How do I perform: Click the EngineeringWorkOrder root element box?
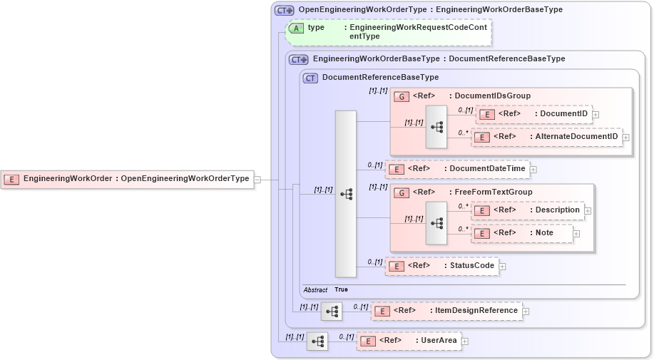click(128, 179)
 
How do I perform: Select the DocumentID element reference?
click(533, 114)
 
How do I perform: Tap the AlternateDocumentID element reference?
click(546, 137)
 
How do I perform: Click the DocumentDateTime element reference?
click(457, 169)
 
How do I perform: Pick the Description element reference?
click(528, 210)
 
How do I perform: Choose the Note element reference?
click(522, 233)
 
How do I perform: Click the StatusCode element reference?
click(441, 266)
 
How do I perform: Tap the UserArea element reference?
click(409, 341)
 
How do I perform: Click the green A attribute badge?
click(296, 28)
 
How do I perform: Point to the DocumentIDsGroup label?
click(492, 96)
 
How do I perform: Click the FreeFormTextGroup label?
click(493, 192)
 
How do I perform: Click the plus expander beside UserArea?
click(465, 341)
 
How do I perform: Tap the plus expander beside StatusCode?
click(502, 267)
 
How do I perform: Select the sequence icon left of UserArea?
click(317, 341)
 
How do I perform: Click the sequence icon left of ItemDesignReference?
click(332, 312)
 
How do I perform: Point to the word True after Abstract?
click(341, 290)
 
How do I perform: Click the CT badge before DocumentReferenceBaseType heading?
click(310, 78)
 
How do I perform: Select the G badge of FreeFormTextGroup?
click(402, 192)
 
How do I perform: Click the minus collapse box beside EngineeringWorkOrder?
click(257, 180)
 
